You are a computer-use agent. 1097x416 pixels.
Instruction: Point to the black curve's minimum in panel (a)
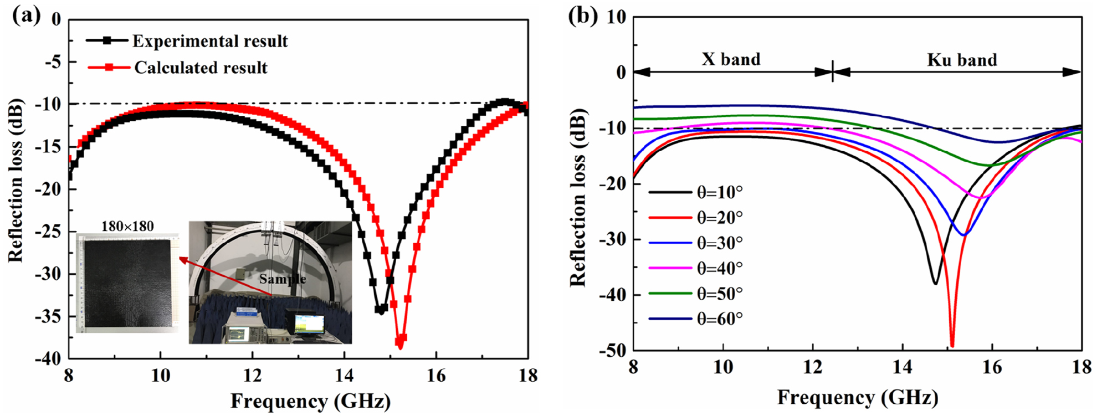click(380, 310)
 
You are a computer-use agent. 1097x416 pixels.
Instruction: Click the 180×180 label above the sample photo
click(127, 226)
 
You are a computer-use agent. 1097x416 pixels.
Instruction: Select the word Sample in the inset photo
click(283, 279)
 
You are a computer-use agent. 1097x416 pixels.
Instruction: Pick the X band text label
click(731, 59)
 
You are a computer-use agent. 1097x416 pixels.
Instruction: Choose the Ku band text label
click(962, 60)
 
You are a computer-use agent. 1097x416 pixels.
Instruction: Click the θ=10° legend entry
click(719, 192)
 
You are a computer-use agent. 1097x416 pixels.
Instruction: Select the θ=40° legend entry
click(719, 268)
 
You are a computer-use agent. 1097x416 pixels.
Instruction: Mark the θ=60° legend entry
click(719, 319)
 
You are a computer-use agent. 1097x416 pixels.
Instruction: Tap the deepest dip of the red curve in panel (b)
click(952, 346)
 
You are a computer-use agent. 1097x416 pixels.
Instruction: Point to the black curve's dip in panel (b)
click(935, 283)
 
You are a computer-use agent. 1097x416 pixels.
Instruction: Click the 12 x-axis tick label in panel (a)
click(252, 376)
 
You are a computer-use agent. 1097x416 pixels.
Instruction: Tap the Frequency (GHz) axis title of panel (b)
click(857, 397)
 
